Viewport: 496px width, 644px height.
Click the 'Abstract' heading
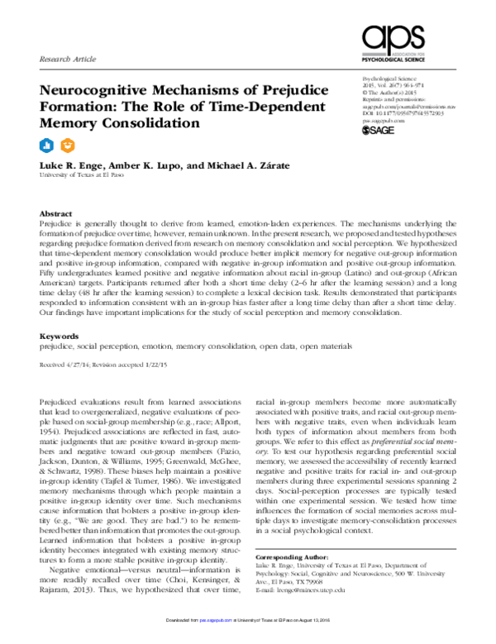click(55, 212)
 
